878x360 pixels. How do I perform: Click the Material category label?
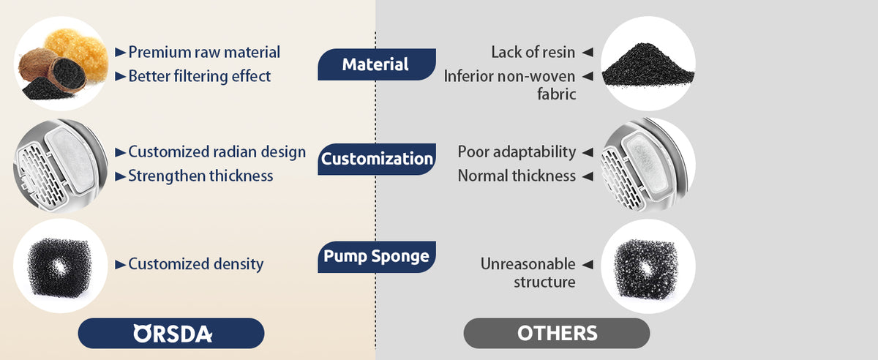[x=376, y=64]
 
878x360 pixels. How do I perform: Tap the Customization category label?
[x=376, y=159]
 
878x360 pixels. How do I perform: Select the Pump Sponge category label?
[x=376, y=257]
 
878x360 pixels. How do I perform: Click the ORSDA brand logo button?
[x=171, y=333]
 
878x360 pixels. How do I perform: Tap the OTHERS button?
[x=557, y=333]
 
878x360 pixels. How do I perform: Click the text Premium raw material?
[x=204, y=52]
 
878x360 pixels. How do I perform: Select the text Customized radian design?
[x=217, y=152]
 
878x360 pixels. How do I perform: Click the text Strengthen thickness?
[x=200, y=176]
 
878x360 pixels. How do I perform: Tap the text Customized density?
[x=195, y=264]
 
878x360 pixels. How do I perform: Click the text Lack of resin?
[x=533, y=52]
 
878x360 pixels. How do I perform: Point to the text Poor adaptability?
[x=517, y=152]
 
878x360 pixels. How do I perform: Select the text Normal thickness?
[x=517, y=176]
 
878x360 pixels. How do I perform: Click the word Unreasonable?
[x=528, y=264]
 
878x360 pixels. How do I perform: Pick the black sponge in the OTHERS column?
[x=648, y=267]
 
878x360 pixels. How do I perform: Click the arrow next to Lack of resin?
[x=587, y=52]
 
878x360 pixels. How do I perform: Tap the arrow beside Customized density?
[x=121, y=264]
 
